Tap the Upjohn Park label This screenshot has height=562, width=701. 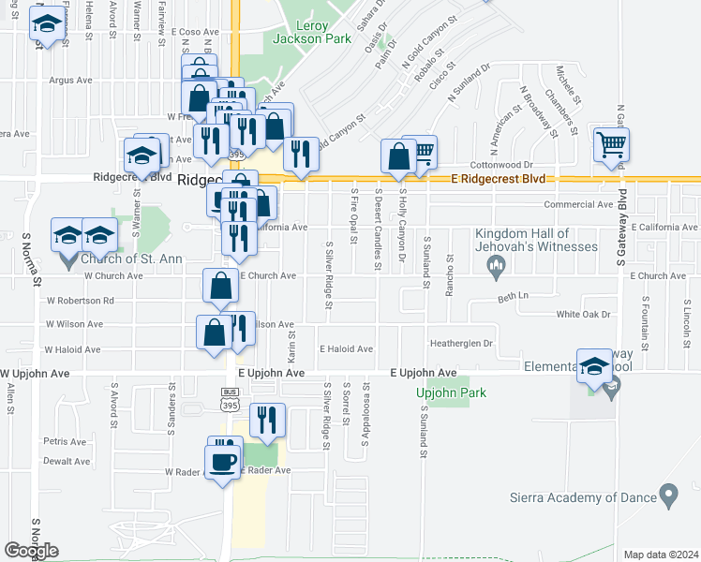[x=451, y=393]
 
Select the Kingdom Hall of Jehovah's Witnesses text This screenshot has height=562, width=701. [x=535, y=240]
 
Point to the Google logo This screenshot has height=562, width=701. [x=31, y=551]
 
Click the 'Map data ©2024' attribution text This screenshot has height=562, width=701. [x=662, y=555]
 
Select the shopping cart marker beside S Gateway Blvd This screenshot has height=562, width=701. [x=611, y=145]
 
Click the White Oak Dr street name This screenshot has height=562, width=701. [x=583, y=315]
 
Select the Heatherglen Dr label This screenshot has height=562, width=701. [x=461, y=344]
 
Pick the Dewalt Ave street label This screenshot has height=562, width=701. [x=67, y=461]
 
